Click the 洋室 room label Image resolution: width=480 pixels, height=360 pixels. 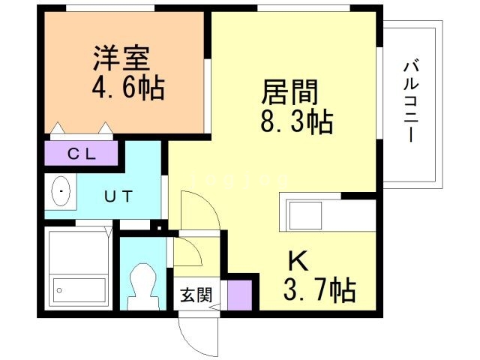pyautogui.click(x=122, y=58)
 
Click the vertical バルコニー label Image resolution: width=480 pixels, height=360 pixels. pyautogui.click(x=409, y=100)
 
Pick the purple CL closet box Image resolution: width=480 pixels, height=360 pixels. pyautogui.click(x=82, y=154)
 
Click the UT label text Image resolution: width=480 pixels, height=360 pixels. pyautogui.click(x=118, y=197)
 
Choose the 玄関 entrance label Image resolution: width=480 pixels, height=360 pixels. pyautogui.click(x=193, y=295)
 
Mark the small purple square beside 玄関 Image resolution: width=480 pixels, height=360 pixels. pyautogui.click(x=240, y=294)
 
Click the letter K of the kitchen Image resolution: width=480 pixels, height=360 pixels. pyautogui.click(x=298, y=261)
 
